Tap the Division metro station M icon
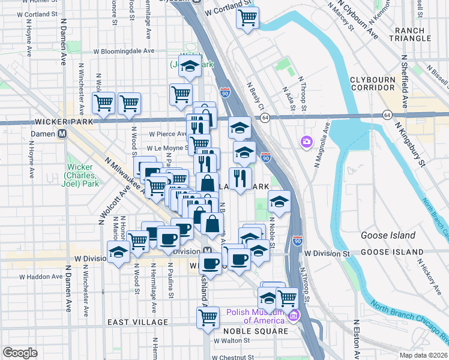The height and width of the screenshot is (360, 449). [x=206, y=251]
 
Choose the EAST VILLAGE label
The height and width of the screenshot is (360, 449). [x=138, y=322]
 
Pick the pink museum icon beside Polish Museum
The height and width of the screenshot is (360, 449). [x=294, y=316]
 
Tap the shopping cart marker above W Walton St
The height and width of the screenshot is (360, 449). [x=208, y=317]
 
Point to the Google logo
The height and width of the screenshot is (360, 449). [x=20, y=353]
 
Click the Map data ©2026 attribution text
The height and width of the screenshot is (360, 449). [x=423, y=355]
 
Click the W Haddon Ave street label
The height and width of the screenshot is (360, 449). [x=41, y=277]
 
